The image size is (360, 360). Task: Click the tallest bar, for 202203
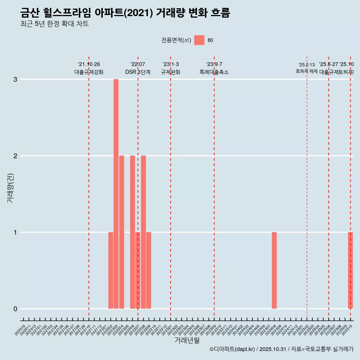pos(116,194)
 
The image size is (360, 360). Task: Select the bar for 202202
pos(111,270)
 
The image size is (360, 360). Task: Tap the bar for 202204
pos(121,232)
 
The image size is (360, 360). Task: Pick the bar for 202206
pos(132,232)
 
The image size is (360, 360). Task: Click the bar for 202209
pos(149,270)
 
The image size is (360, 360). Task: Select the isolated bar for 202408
pos(274,270)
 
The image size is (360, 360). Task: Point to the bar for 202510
pos(350,270)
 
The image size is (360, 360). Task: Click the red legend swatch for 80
pos(199,40)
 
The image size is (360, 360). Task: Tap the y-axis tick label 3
pos(15,79)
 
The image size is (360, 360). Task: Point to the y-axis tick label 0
pos(15,309)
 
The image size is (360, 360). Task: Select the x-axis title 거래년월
pos(187,340)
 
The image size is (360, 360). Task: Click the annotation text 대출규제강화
pos(89,72)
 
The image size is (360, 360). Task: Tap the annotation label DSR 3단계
pos(138,72)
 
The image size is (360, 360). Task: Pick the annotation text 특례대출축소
pos(214,72)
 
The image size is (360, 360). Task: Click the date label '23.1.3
pos(171,64)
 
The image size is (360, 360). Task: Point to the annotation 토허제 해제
pos(307,71)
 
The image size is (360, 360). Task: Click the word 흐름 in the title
pos(220,13)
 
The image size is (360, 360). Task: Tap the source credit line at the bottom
pos(281,349)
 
